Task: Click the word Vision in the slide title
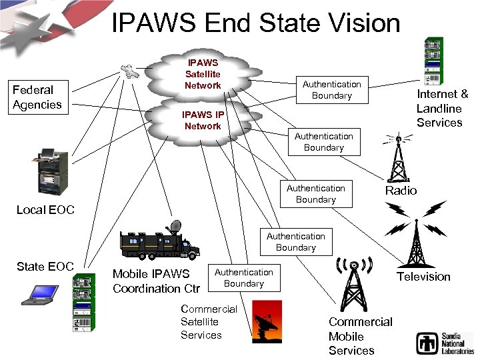[362, 23]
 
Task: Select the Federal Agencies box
[37, 97]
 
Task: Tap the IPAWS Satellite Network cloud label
[203, 74]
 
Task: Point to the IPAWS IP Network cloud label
[203, 120]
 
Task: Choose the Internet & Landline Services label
[442, 108]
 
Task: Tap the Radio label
[401, 191]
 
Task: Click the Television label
[423, 276]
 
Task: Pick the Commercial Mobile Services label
[360, 336]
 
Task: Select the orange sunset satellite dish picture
[267, 321]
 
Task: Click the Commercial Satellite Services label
[209, 322]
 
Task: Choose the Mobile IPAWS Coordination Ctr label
[156, 281]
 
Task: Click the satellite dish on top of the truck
[175, 227]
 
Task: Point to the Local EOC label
[45, 210]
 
